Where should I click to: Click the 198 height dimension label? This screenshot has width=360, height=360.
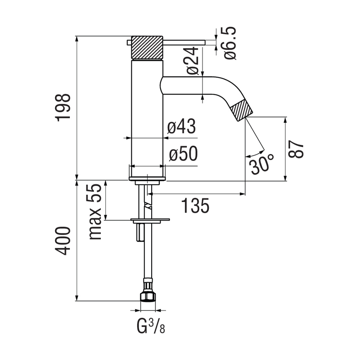click(64, 108)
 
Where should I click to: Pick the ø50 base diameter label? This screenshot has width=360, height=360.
click(183, 155)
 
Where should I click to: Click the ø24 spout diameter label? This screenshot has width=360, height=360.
click(193, 61)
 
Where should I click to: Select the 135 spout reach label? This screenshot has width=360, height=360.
click(195, 206)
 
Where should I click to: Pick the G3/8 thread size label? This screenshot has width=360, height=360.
click(149, 326)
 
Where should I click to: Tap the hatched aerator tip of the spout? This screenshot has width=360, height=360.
click(242, 110)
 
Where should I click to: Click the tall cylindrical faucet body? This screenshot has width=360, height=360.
click(147, 114)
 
